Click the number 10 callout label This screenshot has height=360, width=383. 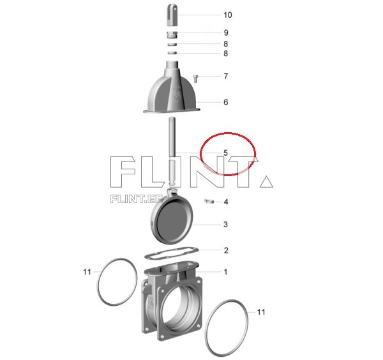[228, 15]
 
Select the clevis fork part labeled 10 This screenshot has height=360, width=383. [172, 15]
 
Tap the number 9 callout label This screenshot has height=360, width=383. [226, 33]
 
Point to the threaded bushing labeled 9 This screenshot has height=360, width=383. [172, 35]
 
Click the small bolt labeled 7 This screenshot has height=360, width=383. [196, 79]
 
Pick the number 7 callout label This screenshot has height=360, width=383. [226, 76]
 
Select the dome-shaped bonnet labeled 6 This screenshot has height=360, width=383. [172, 87]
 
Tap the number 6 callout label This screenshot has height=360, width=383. [226, 102]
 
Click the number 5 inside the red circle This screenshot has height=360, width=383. [225, 153]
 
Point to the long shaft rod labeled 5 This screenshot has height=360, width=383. [172, 151]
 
